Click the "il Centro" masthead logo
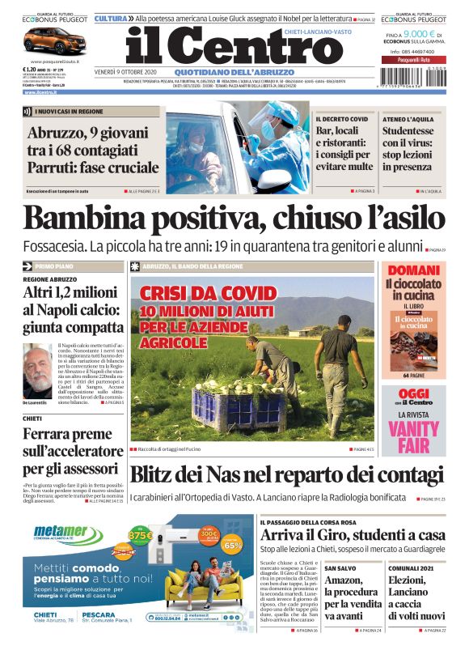[x=223, y=48]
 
